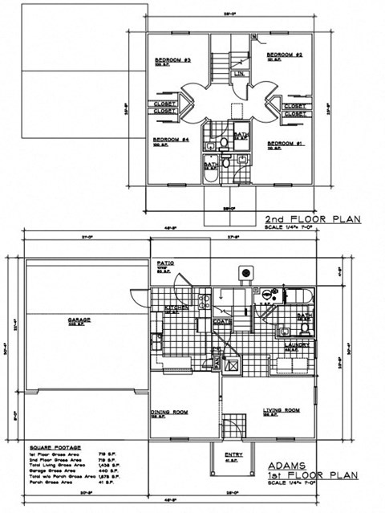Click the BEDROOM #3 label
pos(172,61)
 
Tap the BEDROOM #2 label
pos(283,55)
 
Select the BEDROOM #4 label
pos(169,140)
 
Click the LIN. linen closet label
pos(239,74)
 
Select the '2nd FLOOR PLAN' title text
pos(313,218)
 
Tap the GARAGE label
pos(79,320)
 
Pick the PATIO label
pos(164,263)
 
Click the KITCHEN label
pos(176,307)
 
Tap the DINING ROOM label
pos(169,412)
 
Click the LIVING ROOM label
pos(281,410)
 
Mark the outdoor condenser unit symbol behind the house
pos(241,273)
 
